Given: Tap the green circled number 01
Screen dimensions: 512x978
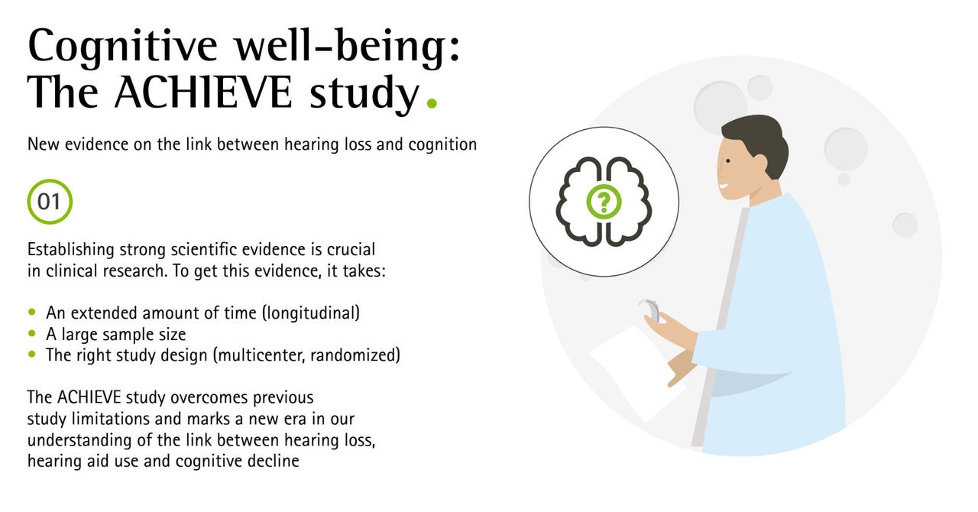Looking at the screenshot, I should [50, 202].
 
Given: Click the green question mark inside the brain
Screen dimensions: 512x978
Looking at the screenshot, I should [604, 202].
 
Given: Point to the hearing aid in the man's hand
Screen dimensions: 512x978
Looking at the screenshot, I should [649, 309].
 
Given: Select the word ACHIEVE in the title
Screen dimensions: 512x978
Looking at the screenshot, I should [202, 93].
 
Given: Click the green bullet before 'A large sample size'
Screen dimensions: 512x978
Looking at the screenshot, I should [31, 334].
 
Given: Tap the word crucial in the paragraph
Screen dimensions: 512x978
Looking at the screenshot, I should [351, 250].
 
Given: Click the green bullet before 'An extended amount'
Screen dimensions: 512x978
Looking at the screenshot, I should [31, 313].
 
